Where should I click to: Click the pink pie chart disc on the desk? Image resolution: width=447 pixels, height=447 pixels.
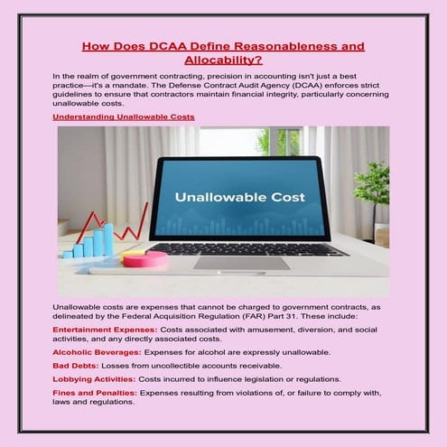[144, 258]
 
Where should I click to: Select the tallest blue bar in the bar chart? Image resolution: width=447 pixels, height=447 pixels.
[108, 239]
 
